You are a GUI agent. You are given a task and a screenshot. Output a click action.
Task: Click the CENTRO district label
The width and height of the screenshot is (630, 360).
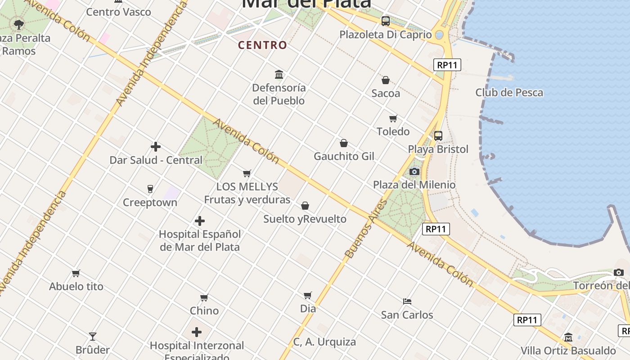point(262,45)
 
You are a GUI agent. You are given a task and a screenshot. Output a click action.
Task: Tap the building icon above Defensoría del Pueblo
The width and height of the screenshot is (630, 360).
point(279,74)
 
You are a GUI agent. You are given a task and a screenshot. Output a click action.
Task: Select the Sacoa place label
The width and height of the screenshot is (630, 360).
point(386,93)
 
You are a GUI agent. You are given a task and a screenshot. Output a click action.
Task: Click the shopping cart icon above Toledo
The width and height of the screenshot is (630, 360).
point(393,118)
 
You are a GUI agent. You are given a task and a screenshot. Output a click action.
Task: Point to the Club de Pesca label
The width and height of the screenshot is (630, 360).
point(509,93)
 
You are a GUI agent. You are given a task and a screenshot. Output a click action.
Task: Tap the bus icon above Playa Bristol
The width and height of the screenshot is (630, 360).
point(438,135)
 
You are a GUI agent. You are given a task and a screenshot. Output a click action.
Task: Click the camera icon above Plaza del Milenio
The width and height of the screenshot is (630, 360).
point(414,171)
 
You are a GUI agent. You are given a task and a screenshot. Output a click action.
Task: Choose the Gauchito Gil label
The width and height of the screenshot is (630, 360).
point(344,156)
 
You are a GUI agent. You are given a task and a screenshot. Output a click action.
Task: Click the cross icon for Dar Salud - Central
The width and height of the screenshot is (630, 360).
point(156,147)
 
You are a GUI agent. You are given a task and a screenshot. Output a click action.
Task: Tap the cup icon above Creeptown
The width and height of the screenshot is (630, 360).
point(150,189)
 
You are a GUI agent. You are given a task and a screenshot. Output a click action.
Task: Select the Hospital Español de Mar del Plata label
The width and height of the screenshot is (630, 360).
point(200,240)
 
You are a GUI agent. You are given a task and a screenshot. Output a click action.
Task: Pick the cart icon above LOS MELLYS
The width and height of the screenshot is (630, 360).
point(247,173)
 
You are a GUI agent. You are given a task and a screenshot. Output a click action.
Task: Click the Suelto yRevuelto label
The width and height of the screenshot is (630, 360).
point(305,219)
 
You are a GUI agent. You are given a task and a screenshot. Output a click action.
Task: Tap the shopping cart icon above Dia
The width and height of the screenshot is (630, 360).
point(308,295)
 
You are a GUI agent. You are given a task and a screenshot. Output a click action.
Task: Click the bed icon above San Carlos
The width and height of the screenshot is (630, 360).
point(407,301)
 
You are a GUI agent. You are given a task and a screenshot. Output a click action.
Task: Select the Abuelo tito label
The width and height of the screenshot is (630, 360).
point(76,286)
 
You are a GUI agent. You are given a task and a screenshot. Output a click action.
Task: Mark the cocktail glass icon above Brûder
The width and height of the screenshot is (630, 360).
point(93,336)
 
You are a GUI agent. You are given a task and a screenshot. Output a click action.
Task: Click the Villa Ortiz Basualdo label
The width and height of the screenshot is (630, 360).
point(568,351)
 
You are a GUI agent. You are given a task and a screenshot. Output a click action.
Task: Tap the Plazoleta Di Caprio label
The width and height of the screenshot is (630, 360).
point(385,35)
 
